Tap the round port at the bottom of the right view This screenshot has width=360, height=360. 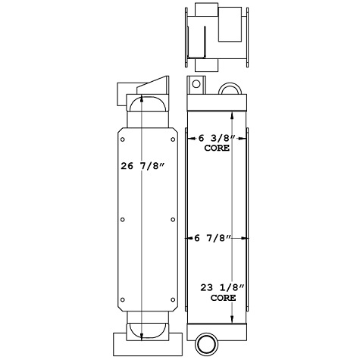pos(205,343)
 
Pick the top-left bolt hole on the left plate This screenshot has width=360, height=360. pos(123,139)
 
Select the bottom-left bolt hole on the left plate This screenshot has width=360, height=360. pos(123,297)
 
